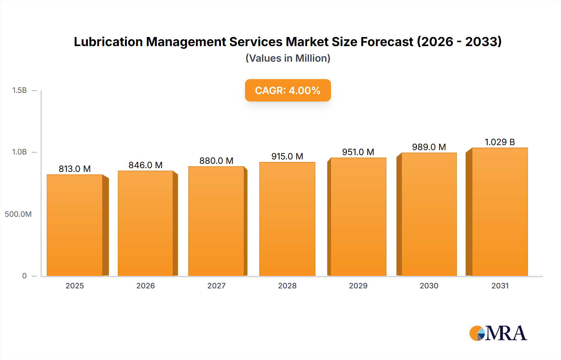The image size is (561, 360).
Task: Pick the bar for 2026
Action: [x=146, y=223]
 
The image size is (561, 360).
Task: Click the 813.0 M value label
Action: [x=75, y=169]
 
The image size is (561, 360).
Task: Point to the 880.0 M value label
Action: [x=216, y=161]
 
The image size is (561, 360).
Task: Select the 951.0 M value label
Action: [x=358, y=152]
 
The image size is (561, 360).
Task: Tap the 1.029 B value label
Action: [x=500, y=142]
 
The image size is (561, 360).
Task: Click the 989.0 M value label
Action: [x=429, y=147]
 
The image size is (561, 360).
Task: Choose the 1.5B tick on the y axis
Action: [x=19, y=90]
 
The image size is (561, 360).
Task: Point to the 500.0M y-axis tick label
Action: [x=18, y=214]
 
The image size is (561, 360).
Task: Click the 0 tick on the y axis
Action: [x=24, y=276]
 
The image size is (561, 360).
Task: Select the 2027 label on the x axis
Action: [x=216, y=286]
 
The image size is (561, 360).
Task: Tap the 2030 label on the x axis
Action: [x=429, y=286]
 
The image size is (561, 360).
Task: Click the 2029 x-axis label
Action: [x=358, y=286]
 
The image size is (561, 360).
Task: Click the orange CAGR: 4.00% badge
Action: [x=288, y=90]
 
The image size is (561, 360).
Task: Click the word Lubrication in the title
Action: [x=108, y=42]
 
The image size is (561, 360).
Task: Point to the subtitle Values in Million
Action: [x=288, y=58]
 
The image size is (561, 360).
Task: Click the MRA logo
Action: [x=498, y=333]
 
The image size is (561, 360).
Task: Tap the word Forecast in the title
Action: [x=387, y=42]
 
